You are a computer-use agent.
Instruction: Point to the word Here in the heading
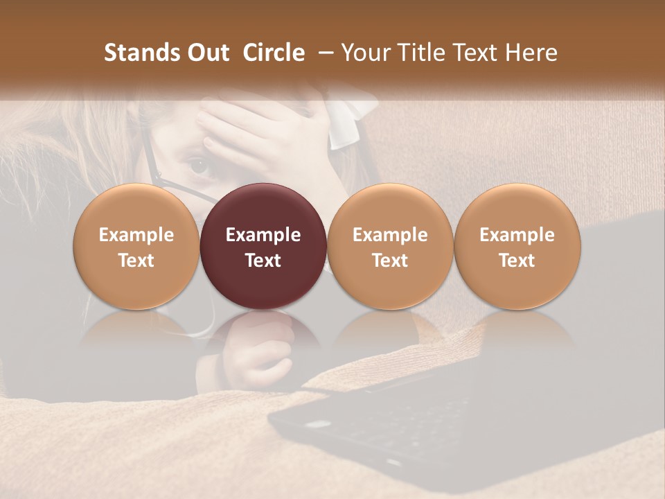(532, 53)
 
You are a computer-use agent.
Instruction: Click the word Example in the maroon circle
(263, 235)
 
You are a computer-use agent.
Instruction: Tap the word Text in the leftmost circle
(136, 261)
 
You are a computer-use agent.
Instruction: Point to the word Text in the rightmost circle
(517, 261)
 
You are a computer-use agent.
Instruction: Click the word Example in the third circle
(390, 235)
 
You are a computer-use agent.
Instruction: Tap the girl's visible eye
(199, 165)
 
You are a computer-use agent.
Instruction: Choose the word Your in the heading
(362, 53)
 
